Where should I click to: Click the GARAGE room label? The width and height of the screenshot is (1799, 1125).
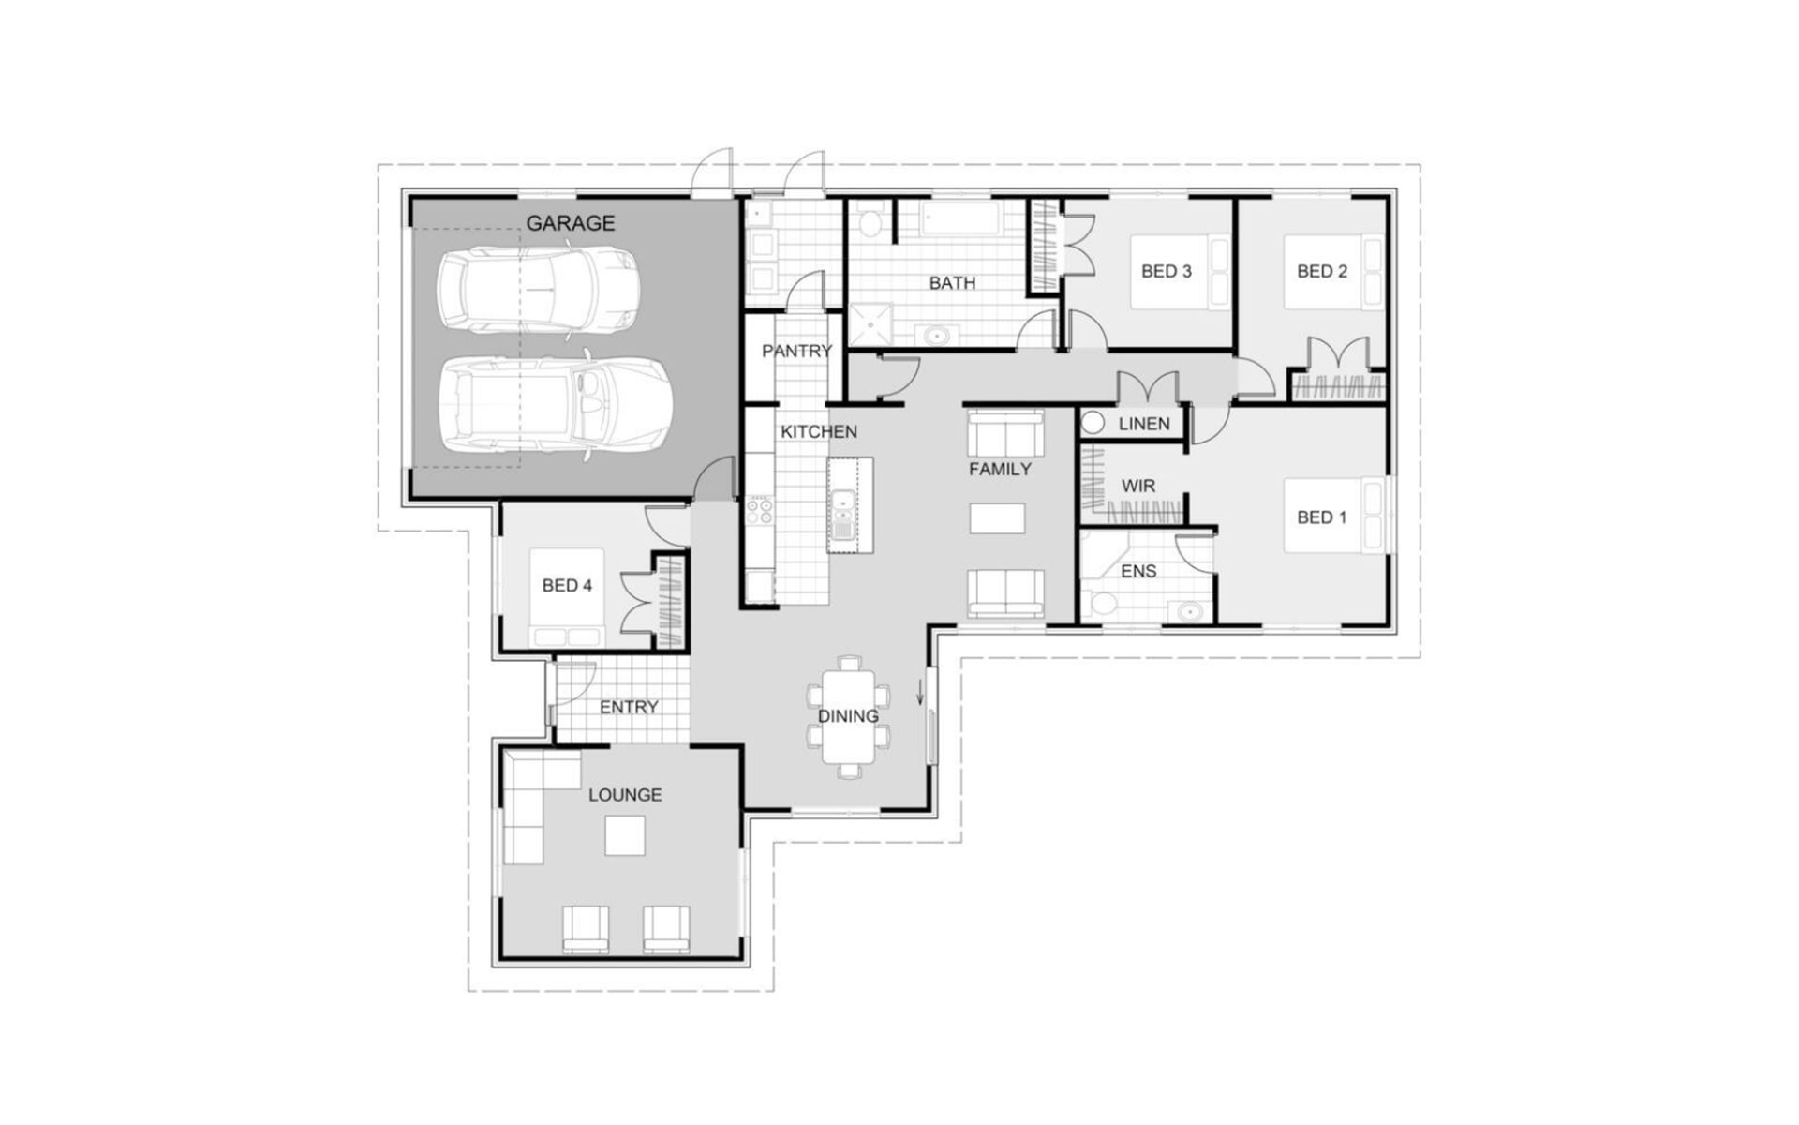[570, 223]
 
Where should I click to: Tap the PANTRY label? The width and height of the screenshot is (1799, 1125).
[796, 351]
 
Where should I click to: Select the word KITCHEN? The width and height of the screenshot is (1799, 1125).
[819, 431]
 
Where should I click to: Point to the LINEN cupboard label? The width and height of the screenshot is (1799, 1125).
[1144, 424]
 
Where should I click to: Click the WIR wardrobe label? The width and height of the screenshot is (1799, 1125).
[1138, 486]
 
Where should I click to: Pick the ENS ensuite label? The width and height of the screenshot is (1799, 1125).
[1138, 571]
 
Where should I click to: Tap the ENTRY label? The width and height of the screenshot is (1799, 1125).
[629, 707]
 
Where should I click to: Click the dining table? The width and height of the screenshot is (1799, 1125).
[849, 717]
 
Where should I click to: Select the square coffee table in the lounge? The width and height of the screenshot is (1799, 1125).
[625, 835]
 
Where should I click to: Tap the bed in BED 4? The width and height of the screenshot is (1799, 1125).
[567, 597]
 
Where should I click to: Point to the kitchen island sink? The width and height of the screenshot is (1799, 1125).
[842, 516]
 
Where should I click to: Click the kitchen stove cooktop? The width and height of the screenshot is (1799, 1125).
[760, 511]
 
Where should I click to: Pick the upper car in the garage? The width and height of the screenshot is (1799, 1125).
[540, 290]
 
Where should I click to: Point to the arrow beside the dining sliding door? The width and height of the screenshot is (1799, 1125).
[920, 691]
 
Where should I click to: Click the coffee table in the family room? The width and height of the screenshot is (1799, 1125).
[997, 518]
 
